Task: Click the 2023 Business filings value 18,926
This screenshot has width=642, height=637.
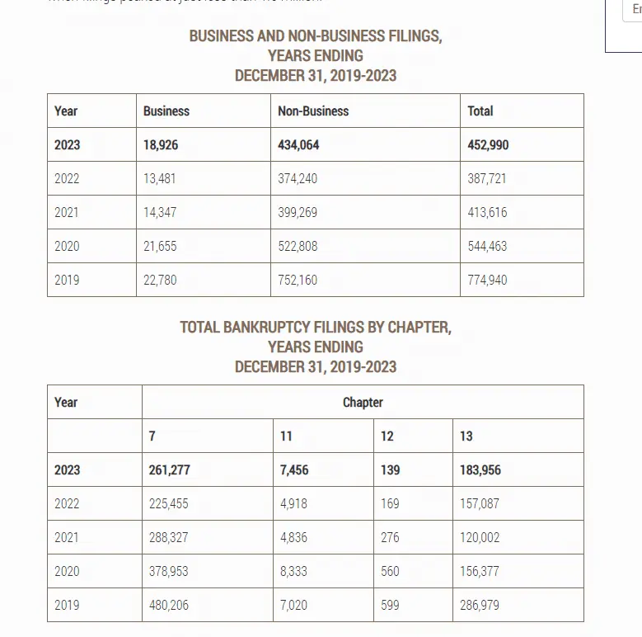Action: [161, 145]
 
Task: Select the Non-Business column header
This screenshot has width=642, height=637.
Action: [313, 111]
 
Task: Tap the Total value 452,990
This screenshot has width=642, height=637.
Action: [488, 145]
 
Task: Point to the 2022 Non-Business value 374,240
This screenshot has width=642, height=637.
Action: [298, 179]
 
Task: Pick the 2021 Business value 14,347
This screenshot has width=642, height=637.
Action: [160, 213]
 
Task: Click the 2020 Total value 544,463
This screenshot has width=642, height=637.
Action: [487, 247]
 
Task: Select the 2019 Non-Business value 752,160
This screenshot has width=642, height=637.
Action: [298, 281]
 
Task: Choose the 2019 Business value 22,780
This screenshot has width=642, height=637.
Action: [160, 281]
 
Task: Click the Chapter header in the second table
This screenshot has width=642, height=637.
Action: [363, 403]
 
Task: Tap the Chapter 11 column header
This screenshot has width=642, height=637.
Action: [286, 436]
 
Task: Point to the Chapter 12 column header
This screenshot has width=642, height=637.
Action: [387, 436]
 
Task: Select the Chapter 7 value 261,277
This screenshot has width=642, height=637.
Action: [170, 470]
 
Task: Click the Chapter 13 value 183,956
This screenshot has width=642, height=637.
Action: [480, 470]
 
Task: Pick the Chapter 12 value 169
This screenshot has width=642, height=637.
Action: [390, 504]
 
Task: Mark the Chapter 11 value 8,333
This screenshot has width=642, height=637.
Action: [294, 572]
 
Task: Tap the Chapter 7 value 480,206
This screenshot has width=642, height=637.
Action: [169, 606]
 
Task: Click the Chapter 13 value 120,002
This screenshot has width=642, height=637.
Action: [480, 538]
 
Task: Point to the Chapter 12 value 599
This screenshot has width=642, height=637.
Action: [390, 606]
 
